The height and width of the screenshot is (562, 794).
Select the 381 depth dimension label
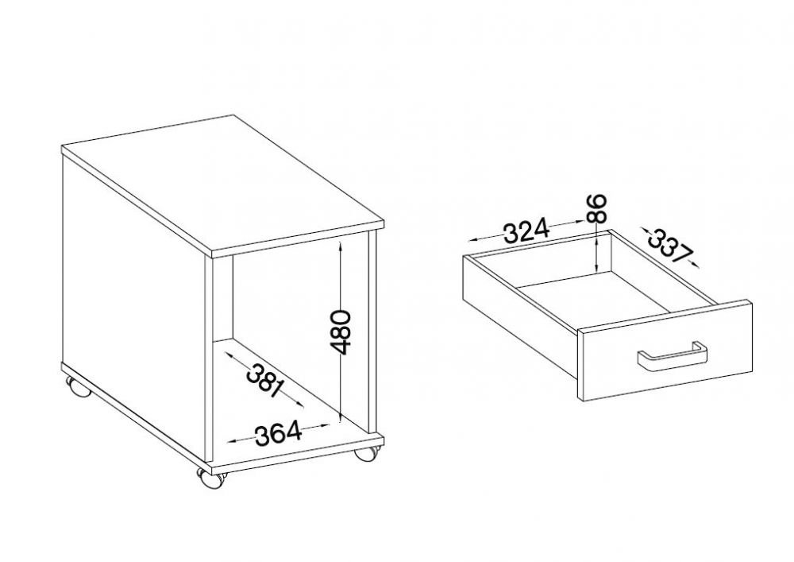[x=264, y=380]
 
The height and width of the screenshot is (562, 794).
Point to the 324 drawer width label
[x=526, y=231]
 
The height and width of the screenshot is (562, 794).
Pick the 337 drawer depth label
[x=670, y=246]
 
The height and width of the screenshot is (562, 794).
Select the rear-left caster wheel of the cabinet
[x=79, y=388]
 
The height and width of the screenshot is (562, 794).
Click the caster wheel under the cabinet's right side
[x=365, y=452]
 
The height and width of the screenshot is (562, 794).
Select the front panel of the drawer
[x=665, y=351]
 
